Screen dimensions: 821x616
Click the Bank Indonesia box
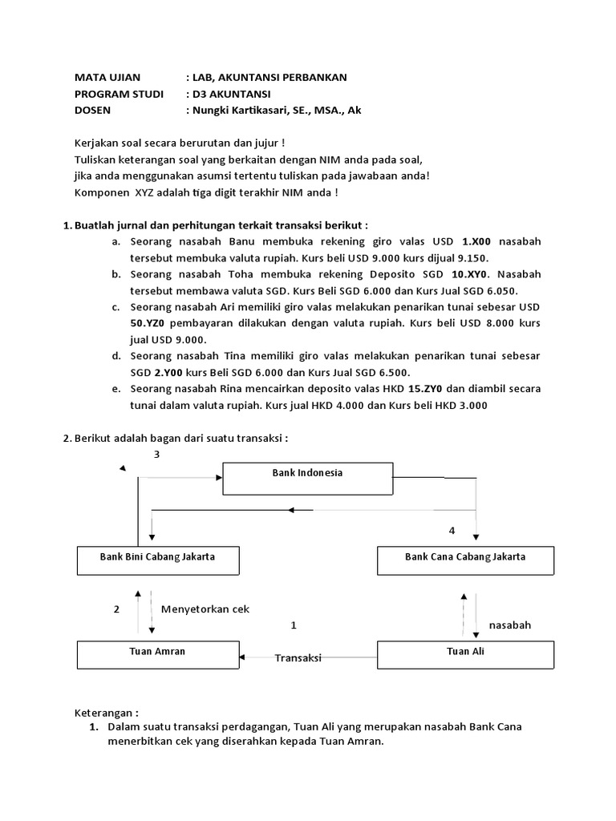click(307, 478)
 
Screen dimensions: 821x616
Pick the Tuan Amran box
click(157, 653)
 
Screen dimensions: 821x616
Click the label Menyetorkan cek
click(205, 609)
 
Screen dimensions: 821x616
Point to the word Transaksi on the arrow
click(298, 657)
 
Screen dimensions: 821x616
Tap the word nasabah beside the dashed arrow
click(510, 625)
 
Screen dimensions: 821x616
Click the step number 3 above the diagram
click(157, 455)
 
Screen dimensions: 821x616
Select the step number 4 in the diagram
click(452, 531)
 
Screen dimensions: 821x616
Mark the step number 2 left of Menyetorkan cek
click(116, 609)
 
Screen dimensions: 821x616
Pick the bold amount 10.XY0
click(463, 274)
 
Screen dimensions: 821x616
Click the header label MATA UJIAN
click(107, 78)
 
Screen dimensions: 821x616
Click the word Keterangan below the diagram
click(106, 713)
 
